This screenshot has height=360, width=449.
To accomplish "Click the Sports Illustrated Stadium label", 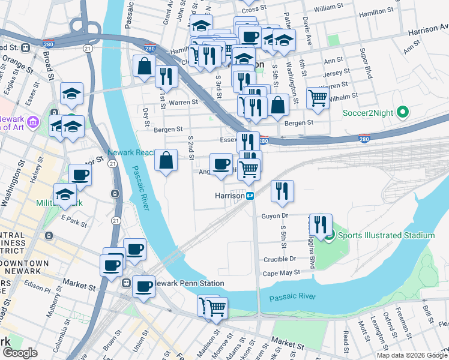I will (386, 235).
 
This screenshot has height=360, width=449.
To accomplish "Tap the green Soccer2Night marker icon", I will (403, 112).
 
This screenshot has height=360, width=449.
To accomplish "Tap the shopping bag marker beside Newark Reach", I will (166, 161).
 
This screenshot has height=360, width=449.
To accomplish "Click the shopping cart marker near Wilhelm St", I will (318, 97).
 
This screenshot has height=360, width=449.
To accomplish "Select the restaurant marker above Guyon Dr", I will (282, 191).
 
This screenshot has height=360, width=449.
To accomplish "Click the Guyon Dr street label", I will (276, 215).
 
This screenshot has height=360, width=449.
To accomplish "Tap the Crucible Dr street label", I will (280, 259).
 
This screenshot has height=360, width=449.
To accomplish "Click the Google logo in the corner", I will (20, 353).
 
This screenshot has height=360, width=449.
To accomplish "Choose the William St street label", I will (328, 8).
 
